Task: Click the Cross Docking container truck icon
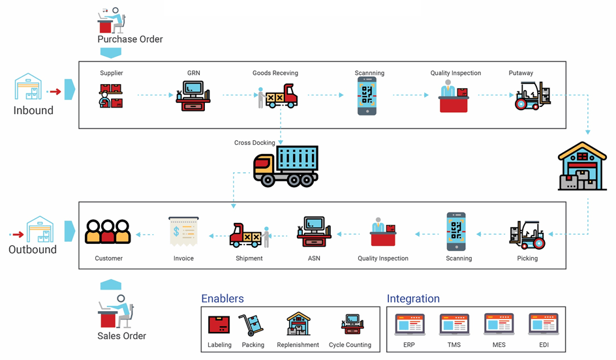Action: [286, 167]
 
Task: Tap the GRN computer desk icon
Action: [193, 96]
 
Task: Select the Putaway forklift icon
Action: [533, 96]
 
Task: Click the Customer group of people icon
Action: [108, 232]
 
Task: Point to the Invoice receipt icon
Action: [183, 232]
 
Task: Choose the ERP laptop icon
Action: [409, 324]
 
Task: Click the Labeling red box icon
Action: [219, 324]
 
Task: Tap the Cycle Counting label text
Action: [350, 345]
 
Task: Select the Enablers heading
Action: [222, 299]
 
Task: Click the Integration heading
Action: [413, 299]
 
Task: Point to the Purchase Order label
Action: [130, 39]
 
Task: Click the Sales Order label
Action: [121, 337]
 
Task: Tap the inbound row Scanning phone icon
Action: [367, 96]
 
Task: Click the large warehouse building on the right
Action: [582, 167]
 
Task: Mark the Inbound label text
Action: [33, 111]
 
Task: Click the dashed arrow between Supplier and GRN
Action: [155, 96]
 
